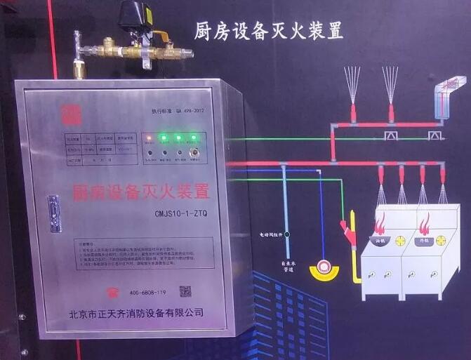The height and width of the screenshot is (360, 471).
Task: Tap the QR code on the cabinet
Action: pos(185,290)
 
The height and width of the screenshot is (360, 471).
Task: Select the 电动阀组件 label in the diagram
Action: pos(267,234)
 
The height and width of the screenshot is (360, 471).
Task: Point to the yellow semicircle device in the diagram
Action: pos(324,269)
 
